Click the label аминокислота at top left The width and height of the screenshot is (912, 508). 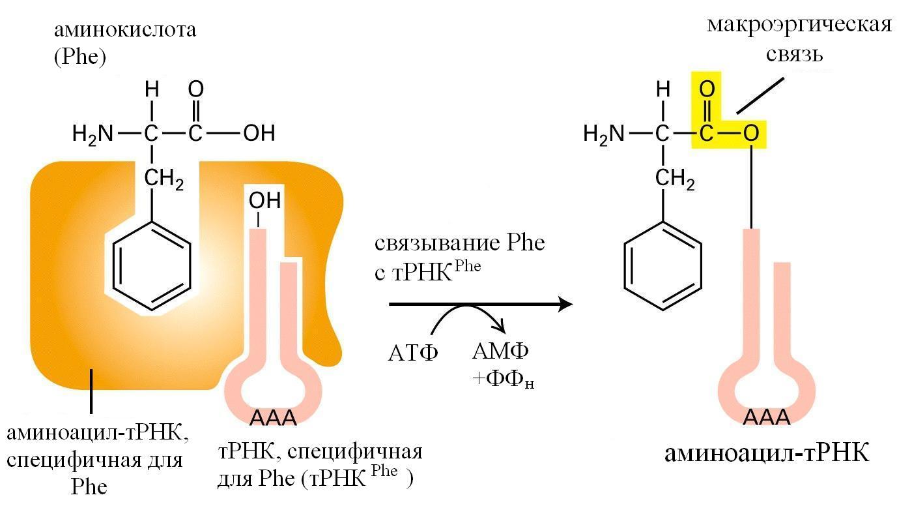tap(125, 29)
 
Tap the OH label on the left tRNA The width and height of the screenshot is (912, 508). tap(264, 200)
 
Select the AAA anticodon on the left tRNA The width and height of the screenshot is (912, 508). tap(273, 417)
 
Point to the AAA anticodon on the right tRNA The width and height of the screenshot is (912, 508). tap(767, 417)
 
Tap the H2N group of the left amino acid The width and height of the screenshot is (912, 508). tap(93, 134)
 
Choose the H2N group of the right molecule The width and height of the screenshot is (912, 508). tap(603, 134)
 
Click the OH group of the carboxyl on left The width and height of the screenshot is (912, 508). tap(259, 134)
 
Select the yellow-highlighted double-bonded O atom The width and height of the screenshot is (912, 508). tap(706, 89)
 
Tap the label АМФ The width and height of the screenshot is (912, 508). tap(500, 351)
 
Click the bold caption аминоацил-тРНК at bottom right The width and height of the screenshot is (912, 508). tap(767, 453)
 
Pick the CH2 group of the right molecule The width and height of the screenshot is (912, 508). tap(675, 178)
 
